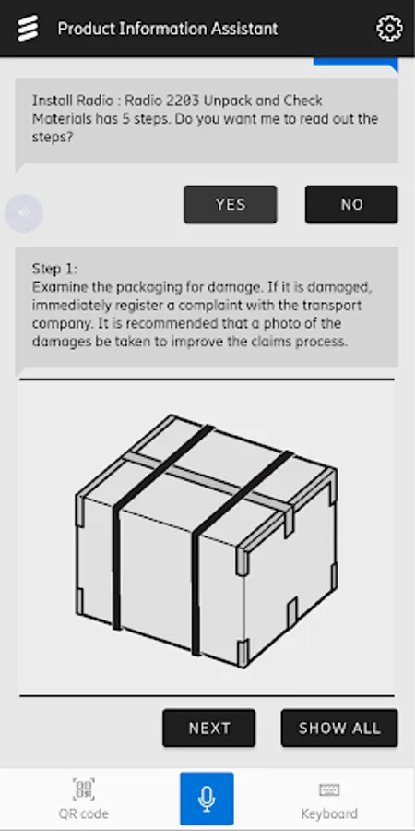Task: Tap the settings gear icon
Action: [389, 28]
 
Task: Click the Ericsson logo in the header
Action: [28, 28]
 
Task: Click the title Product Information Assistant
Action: [168, 28]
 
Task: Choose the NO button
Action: [351, 204]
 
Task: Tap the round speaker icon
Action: [24, 212]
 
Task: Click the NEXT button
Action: [209, 728]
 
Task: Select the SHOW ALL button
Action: [339, 728]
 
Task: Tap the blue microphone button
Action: [207, 798]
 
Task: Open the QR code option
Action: [84, 800]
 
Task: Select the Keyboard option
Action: [329, 800]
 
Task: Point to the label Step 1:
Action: [54, 269]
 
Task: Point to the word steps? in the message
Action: [53, 137]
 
